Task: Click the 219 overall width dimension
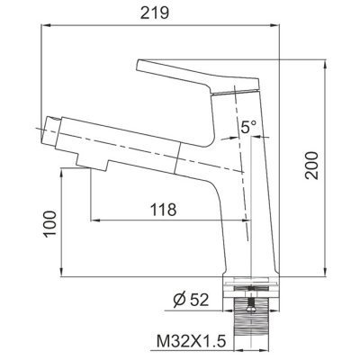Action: (162, 14)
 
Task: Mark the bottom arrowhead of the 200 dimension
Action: (323, 272)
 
